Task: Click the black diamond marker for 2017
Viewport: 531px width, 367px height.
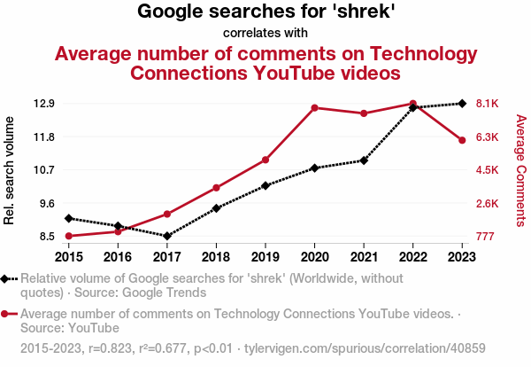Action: point(167,236)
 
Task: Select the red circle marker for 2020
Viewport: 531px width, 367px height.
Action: point(315,107)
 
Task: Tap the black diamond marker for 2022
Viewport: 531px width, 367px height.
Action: point(413,107)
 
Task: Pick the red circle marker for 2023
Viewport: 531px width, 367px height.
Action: point(463,140)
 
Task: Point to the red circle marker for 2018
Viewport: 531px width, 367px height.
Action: point(216,188)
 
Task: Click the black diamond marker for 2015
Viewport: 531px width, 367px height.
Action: point(69,218)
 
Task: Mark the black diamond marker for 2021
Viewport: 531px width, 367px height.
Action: point(364,160)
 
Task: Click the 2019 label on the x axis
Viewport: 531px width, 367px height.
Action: point(265,256)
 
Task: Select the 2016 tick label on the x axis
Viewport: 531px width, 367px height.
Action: point(118,256)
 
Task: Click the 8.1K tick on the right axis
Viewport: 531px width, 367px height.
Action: point(488,104)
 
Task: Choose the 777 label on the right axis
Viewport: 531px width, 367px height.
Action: point(486,237)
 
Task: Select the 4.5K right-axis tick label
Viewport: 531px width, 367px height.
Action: point(488,170)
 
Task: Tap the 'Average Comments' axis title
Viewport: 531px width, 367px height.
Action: point(520,170)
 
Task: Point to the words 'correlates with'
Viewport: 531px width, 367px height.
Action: point(265,33)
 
